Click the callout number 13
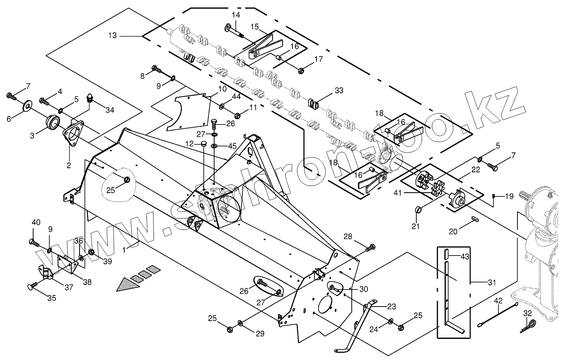pyautogui.click(x=113, y=36)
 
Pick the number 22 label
pyautogui.click(x=475, y=169)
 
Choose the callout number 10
pyautogui.click(x=222, y=89)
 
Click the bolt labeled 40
pyautogui.click(x=33, y=242)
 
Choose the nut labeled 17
pyautogui.click(x=301, y=70)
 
